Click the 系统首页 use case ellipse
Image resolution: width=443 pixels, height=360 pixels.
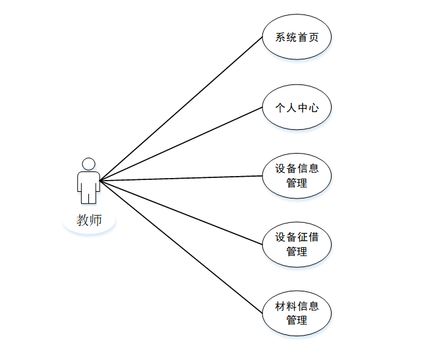coord(297,37)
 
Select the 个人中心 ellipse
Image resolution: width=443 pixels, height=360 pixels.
coord(297,107)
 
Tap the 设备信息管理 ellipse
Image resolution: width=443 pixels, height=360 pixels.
coord(297,175)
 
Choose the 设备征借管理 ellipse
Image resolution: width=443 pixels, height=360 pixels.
coord(297,244)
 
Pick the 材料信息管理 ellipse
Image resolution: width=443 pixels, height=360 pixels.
coord(297,313)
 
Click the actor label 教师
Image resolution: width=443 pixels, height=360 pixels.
coord(89,220)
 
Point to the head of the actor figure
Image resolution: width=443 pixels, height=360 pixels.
coord(88,164)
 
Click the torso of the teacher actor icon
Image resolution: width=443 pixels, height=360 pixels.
coord(88,180)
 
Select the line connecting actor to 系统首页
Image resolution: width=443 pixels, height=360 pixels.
coord(181,109)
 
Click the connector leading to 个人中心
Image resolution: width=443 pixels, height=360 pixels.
coord(181,144)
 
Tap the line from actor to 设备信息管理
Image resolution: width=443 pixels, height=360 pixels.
coord(181,178)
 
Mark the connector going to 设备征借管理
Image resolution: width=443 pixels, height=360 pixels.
coord(181,212)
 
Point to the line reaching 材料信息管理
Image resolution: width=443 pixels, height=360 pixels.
coord(181,247)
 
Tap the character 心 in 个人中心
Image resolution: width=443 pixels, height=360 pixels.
coord(313,107)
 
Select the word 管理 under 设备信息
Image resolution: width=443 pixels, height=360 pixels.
coord(297,183)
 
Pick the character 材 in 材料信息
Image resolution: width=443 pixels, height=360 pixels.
coord(281,306)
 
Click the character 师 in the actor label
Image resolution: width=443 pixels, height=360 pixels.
coord(96,220)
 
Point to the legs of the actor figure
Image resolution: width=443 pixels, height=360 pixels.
coord(88,196)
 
